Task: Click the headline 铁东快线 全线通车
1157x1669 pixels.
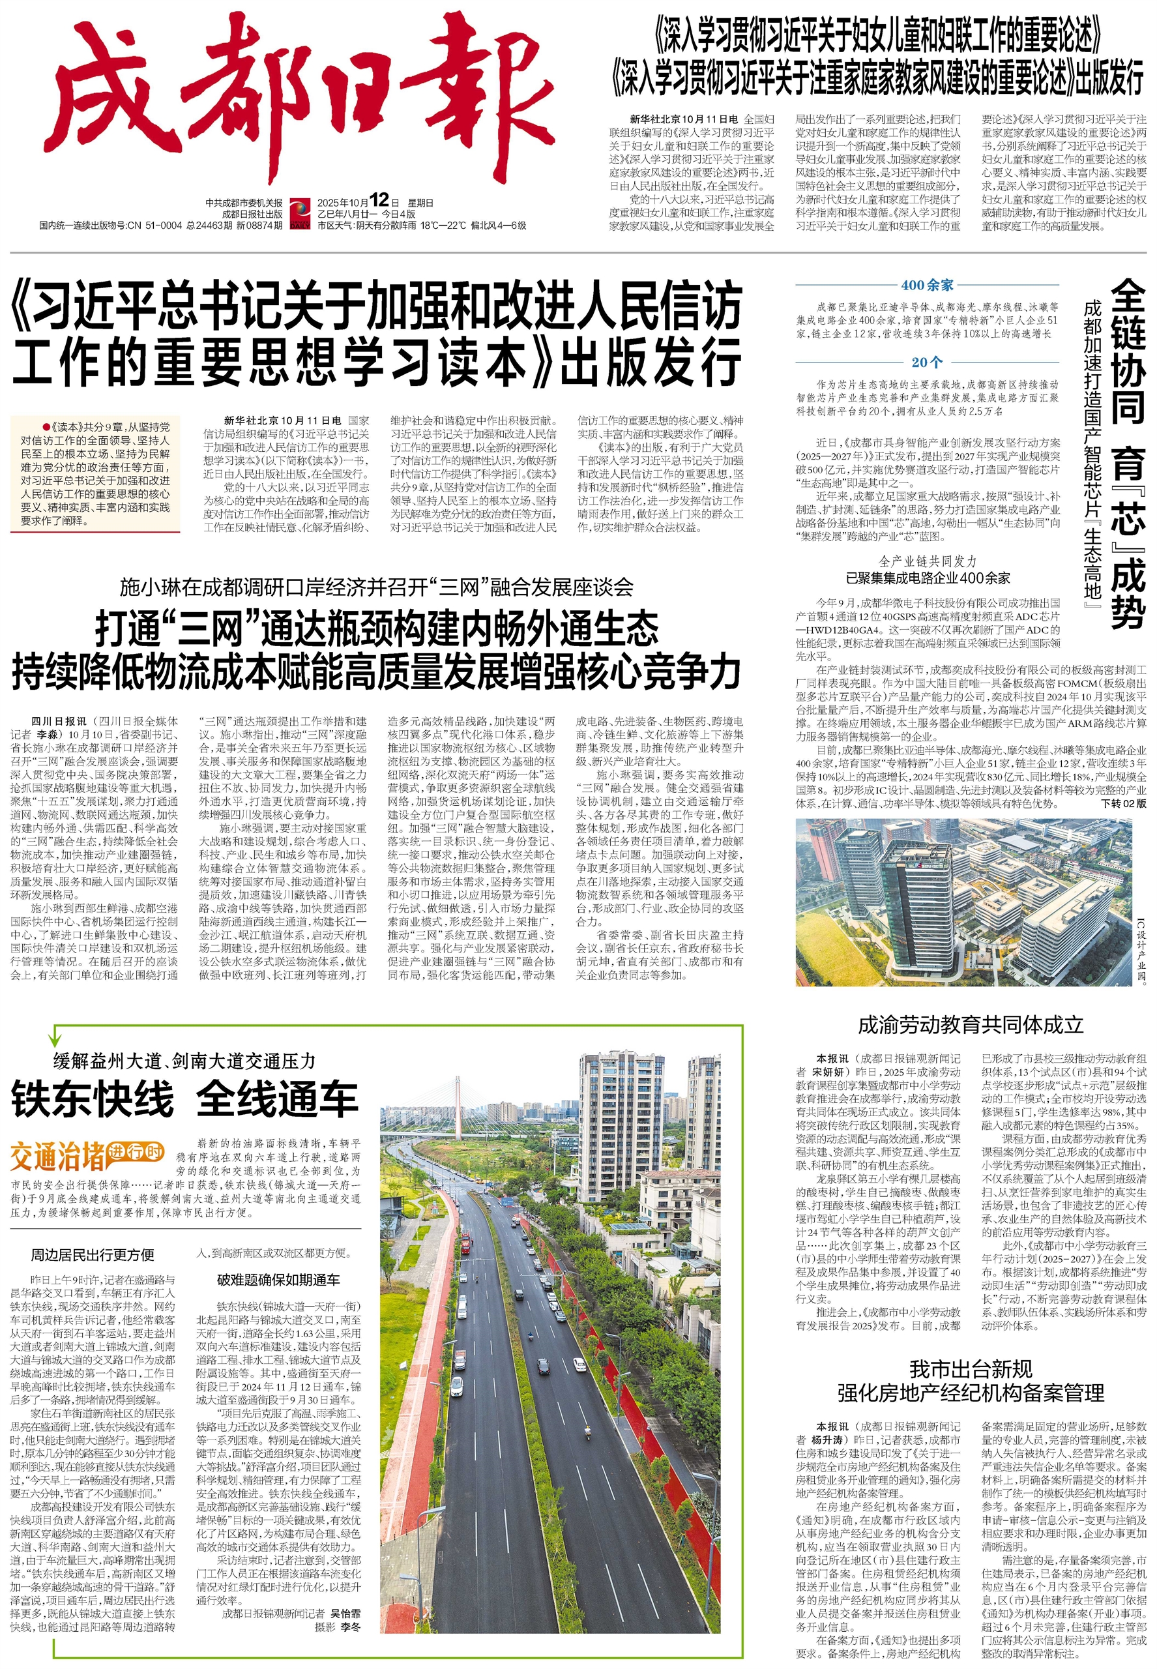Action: point(185,1099)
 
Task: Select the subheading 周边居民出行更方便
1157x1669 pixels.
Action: point(92,1254)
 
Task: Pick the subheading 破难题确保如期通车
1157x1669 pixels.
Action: point(278,1280)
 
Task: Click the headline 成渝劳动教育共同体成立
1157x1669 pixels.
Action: point(971,1024)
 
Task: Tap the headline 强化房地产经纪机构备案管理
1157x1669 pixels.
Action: point(971,1392)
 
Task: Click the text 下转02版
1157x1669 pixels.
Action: point(1123,804)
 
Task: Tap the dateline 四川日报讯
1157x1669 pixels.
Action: point(58,722)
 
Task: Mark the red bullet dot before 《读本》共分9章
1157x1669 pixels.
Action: point(46,427)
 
